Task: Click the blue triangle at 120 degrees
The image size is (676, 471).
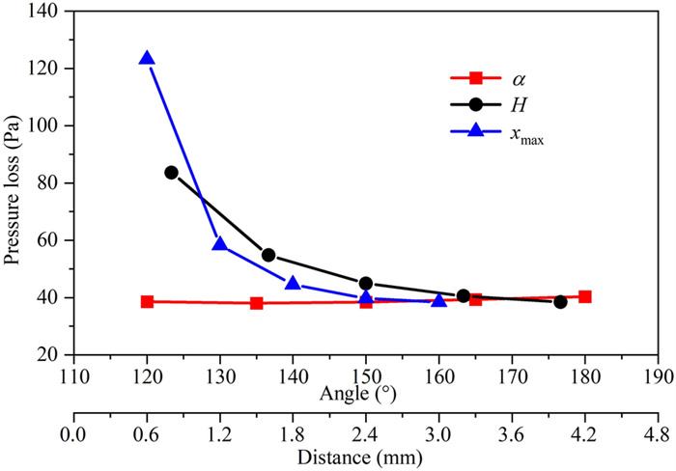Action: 147,59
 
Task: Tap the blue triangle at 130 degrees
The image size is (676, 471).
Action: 220,244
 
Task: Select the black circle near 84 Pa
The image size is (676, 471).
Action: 171,173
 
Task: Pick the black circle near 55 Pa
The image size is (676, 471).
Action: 268,256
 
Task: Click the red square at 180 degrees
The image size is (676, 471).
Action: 584,296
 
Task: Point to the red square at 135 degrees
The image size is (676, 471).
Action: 257,303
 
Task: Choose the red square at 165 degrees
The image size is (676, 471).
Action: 475,299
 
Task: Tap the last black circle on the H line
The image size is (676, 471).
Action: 560,302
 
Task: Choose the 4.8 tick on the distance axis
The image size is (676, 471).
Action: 659,430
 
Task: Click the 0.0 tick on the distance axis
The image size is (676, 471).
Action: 73,430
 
